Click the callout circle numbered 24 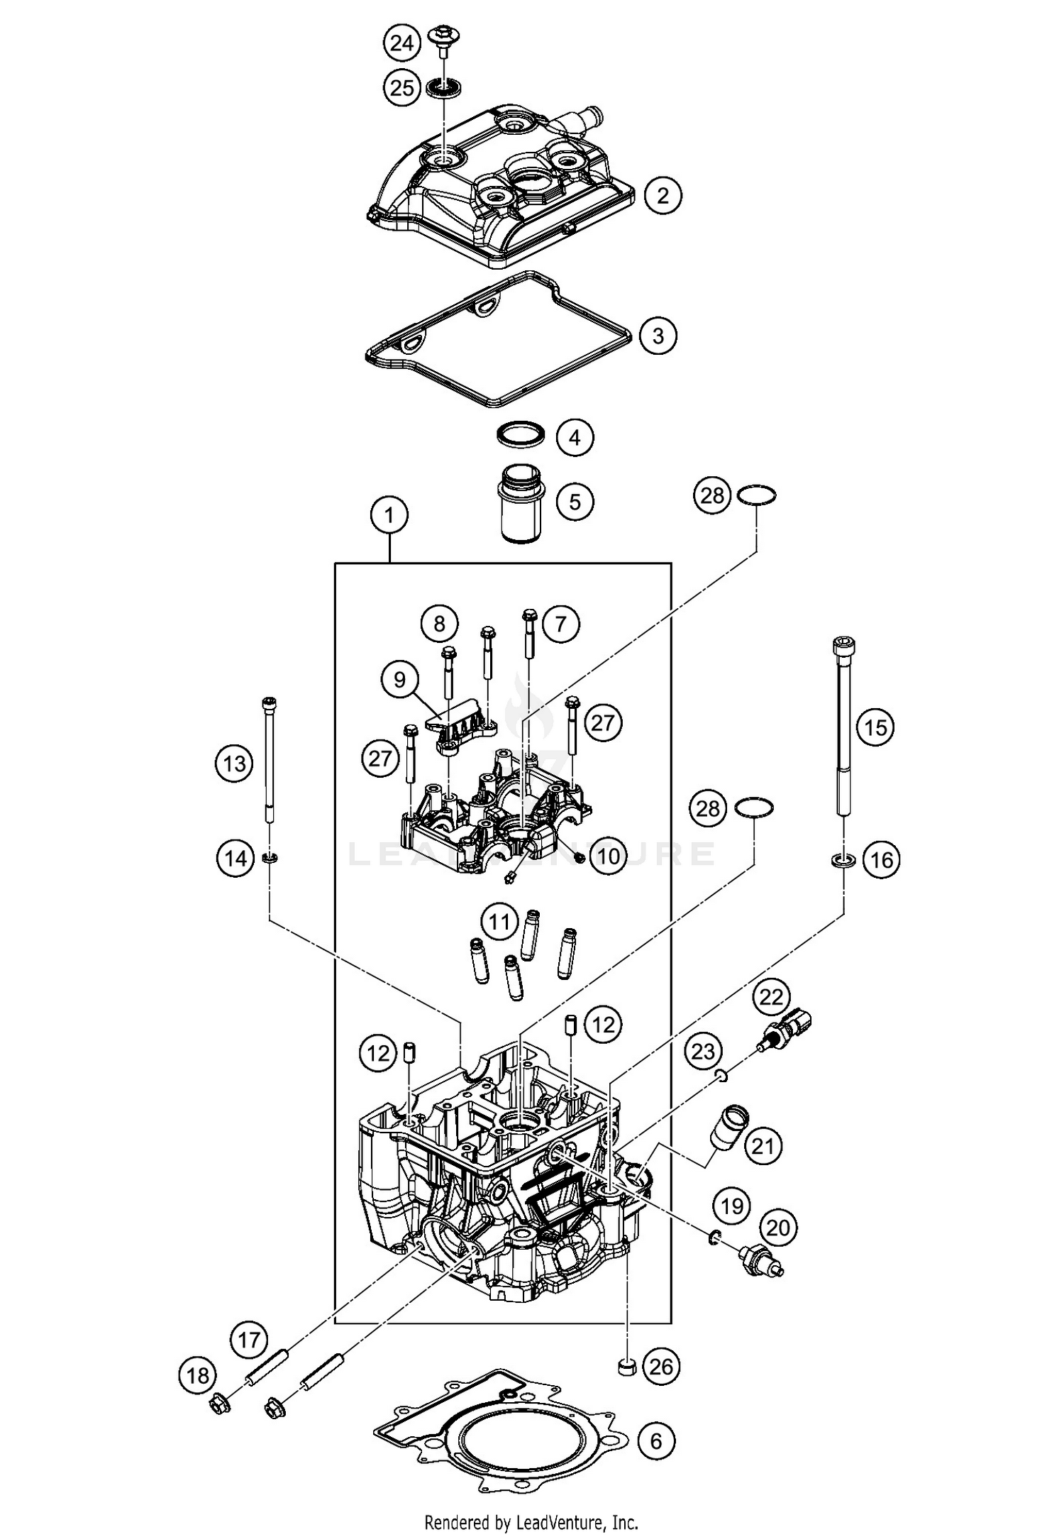[x=402, y=43]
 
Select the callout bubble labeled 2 [x=663, y=195]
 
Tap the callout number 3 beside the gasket [x=658, y=335]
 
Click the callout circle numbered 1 [x=389, y=516]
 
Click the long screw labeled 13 [x=270, y=761]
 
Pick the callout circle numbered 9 [x=399, y=680]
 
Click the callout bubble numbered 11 [x=499, y=922]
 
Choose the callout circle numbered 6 [x=655, y=1440]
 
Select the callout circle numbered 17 [x=249, y=1340]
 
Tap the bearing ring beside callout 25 [x=445, y=89]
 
